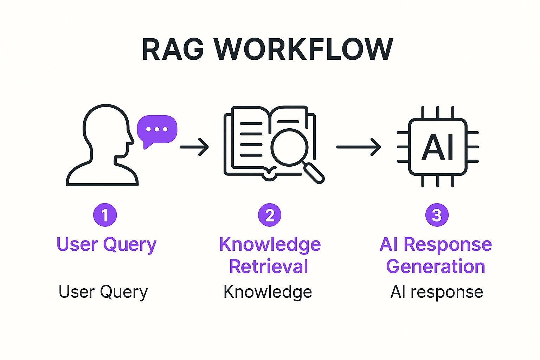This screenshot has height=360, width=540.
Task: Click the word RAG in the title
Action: click(173, 49)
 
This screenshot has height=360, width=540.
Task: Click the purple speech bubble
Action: click(157, 130)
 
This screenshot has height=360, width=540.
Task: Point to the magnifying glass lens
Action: click(289, 147)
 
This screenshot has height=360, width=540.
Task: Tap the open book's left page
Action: click(248, 141)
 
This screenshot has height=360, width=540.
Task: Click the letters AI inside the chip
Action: click(438, 147)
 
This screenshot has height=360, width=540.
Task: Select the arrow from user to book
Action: click(194, 147)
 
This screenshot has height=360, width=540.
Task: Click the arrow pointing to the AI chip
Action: click(358, 147)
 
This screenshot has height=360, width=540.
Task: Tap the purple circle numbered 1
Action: click(105, 215)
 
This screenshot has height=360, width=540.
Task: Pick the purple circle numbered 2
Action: click(270, 215)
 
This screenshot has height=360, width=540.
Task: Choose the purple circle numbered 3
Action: click(437, 215)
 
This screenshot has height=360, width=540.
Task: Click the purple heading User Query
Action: click(106, 244)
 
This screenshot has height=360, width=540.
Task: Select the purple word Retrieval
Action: click(269, 266)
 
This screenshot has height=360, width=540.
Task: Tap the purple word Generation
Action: click(436, 266)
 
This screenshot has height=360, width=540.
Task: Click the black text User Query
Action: click(103, 292)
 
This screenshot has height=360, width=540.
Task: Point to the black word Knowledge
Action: click(268, 292)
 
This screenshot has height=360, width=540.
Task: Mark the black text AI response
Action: click(437, 292)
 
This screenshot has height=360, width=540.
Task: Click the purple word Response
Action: click(448, 244)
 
